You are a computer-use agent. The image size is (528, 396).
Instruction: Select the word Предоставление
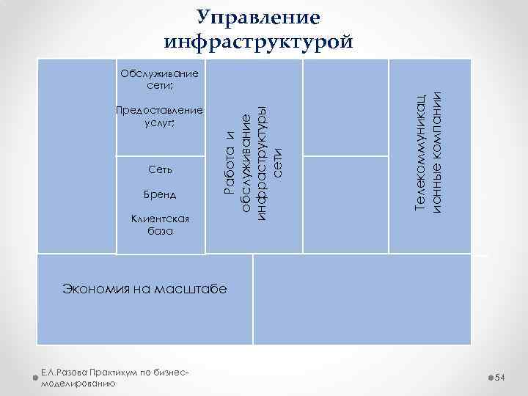pyautogui.click(x=159, y=110)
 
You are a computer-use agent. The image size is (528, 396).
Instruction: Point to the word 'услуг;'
pyautogui.click(x=159, y=122)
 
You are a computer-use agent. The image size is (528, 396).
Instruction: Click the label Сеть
pyautogui.click(x=159, y=170)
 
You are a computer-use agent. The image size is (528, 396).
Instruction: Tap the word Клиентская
pyautogui.click(x=159, y=219)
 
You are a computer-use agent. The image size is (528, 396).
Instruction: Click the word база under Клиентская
pyautogui.click(x=159, y=231)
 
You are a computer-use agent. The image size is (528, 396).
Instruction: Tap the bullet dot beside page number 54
pyautogui.click(x=490, y=377)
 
